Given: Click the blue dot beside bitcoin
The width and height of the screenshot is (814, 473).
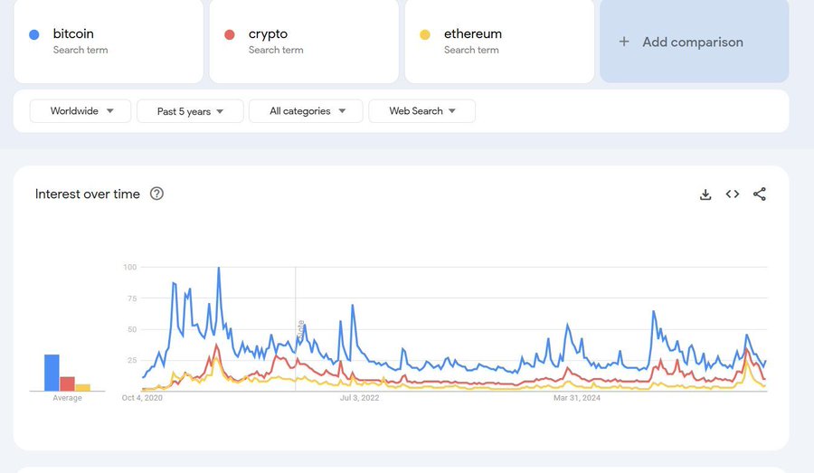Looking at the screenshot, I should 34,34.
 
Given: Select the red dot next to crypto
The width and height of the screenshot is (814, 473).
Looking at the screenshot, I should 230,34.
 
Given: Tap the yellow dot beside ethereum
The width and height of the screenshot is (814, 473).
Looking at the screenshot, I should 425,34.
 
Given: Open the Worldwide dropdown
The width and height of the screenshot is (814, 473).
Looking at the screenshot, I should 80,111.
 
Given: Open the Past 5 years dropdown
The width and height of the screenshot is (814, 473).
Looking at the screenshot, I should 190,111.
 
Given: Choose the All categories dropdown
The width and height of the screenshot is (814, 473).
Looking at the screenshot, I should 306,111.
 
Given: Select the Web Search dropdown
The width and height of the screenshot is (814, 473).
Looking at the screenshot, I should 421,111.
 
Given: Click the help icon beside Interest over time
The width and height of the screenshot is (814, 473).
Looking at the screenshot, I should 156,194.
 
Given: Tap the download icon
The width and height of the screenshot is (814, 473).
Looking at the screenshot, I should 705,194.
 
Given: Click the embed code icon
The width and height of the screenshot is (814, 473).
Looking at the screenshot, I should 733,194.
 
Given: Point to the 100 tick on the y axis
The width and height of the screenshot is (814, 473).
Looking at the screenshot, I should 129,267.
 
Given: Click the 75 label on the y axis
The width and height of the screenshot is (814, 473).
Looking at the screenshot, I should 131,298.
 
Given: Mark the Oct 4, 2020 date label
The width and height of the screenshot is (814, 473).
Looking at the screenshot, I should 142,398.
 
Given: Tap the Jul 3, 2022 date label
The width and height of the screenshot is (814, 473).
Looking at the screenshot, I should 360,398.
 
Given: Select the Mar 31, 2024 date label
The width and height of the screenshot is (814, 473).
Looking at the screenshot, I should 577,398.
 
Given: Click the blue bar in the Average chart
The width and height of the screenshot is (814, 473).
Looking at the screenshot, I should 52,373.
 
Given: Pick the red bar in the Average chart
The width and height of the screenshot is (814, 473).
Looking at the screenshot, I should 67,383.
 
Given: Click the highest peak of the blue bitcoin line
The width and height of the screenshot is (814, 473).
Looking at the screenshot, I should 218,269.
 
